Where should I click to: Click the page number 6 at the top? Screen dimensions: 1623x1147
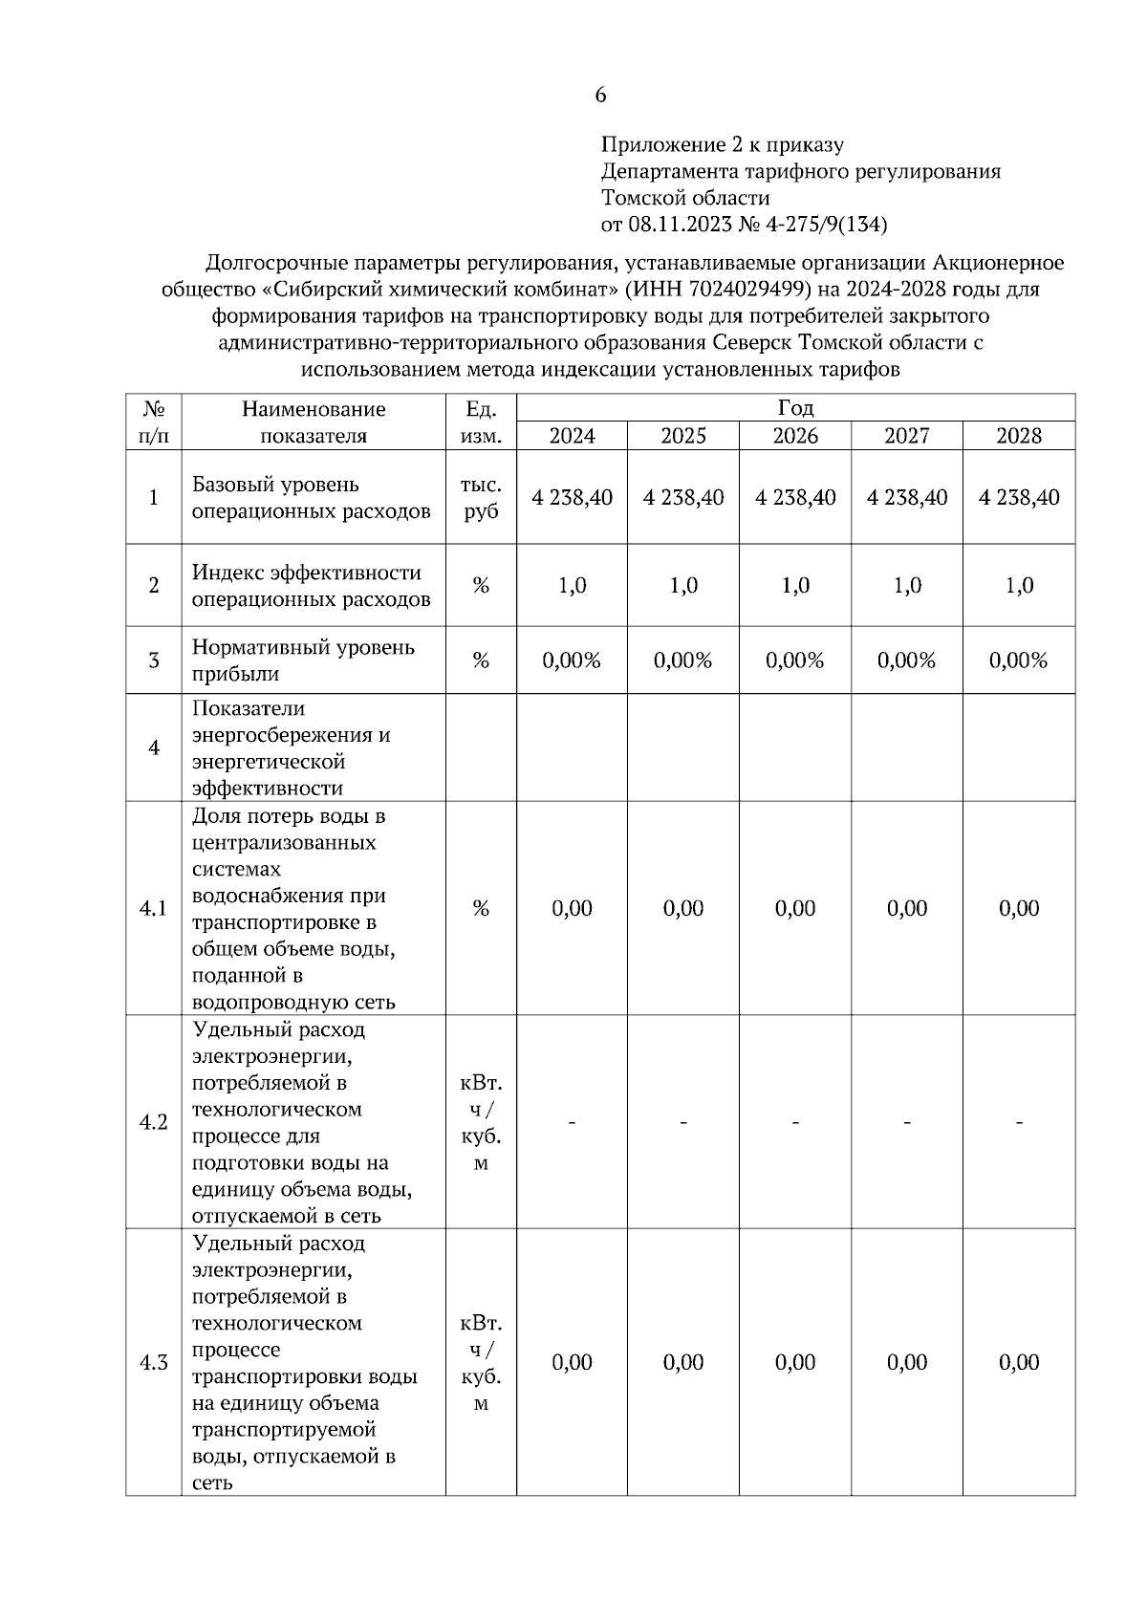pyautogui.click(x=600, y=96)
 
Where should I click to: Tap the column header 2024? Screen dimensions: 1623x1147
pyautogui.click(x=572, y=437)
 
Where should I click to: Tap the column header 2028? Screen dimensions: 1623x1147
pyautogui.click(x=1019, y=437)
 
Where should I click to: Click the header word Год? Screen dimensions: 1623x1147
pyautogui.click(x=795, y=409)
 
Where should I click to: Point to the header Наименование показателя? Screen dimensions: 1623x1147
pyautogui.click(x=314, y=422)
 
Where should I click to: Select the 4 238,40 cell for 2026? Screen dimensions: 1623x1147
pyautogui.click(x=795, y=498)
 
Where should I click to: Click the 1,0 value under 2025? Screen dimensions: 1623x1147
pyautogui.click(x=683, y=586)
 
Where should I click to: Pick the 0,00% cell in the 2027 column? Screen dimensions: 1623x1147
pyautogui.click(x=907, y=660)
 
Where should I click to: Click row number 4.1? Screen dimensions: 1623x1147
pyautogui.click(x=153, y=909)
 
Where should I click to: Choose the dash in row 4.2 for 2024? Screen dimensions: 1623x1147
pyautogui.click(x=572, y=1122)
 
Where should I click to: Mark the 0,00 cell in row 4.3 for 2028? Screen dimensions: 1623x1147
pyautogui.click(x=1019, y=1363)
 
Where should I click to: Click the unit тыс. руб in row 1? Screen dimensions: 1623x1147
pyautogui.click(x=481, y=498)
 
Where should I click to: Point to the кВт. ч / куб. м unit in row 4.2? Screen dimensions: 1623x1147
pyautogui.click(x=481, y=1123)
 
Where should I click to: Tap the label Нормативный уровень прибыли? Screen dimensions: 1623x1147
pyautogui.click(x=303, y=660)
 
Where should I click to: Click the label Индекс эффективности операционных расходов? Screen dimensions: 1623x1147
pyautogui.click(x=311, y=586)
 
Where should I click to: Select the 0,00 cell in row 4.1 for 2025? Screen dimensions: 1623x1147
pyautogui.click(x=683, y=909)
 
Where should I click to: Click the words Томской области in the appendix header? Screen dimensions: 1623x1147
pyautogui.click(x=685, y=199)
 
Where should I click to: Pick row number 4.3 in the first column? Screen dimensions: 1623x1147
pyautogui.click(x=153, y=1363)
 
